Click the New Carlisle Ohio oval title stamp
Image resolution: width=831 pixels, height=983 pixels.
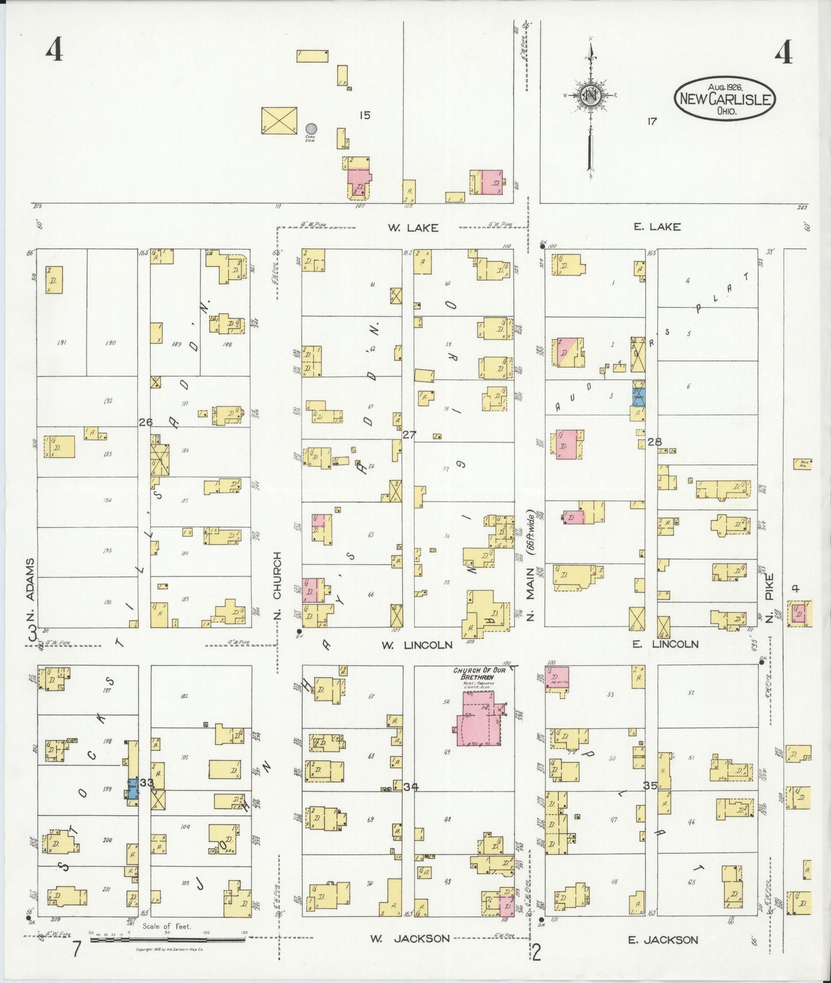(x=724, y=98)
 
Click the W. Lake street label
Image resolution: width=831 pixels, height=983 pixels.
(x=412, y=228)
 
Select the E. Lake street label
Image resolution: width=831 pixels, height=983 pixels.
(x=657, y=226)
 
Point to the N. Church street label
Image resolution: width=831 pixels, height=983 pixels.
(x=277, y=586)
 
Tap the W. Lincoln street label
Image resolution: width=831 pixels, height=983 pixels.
(x=417, y=645)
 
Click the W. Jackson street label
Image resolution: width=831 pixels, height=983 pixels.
(x=409, y=939)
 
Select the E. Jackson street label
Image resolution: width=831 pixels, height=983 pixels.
(x=662, y=939)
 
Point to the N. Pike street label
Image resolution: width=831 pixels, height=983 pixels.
(x=769, y=596)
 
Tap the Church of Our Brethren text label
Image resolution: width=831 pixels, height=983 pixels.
(x=474, y=674)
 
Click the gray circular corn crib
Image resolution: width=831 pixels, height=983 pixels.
(x=311, y=128)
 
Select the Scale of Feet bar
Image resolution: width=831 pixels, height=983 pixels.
(x=167, y=939)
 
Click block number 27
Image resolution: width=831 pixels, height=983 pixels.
(x=409, y=435)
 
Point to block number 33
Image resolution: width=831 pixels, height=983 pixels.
(x=147, y=782)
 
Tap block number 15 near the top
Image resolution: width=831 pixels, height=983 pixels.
(x=365, y=116)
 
